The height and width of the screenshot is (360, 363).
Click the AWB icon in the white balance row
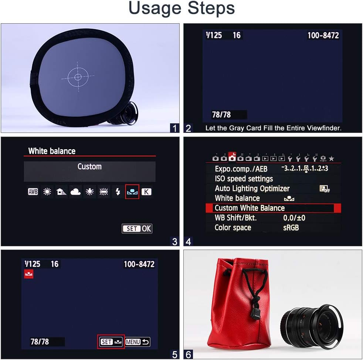33,192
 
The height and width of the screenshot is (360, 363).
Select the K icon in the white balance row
146,192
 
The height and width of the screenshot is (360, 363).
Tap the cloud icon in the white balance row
75,192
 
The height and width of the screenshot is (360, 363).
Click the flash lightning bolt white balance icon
118,192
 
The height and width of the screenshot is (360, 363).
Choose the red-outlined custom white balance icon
132,192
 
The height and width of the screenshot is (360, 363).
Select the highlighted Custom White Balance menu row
273,208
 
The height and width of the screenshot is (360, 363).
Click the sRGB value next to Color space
291,227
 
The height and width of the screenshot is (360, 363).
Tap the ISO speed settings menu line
244,179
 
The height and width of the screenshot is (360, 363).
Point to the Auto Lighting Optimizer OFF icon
325,189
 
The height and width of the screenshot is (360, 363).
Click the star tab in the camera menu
332,158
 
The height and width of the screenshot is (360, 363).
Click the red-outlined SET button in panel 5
111,342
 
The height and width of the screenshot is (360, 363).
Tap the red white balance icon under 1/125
29,274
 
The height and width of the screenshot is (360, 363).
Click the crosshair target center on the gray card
78,77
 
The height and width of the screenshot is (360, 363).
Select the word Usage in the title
155,8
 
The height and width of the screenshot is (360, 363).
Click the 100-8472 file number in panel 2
323,35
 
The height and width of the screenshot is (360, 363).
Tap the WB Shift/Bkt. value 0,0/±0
294,218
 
